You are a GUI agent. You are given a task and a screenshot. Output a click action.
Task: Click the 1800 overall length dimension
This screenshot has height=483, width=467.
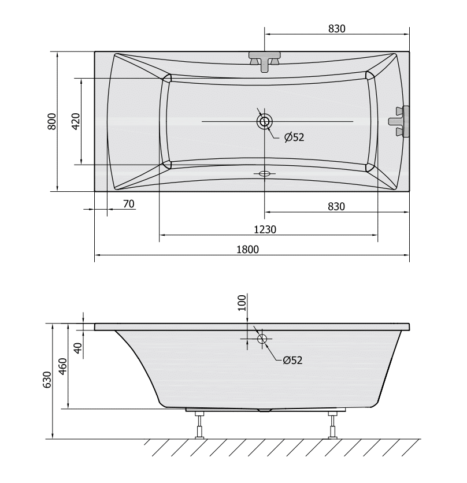pyautogui.click(x=247, y=249)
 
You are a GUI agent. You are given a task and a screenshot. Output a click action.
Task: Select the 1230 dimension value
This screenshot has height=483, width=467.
pyautogui.click(x=265, y=229)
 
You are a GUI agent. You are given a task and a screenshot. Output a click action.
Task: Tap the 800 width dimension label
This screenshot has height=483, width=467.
pyautogui.click(x=52, y=121)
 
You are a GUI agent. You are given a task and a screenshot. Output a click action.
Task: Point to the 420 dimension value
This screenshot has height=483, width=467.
pyautogui.click(x=76, y=121)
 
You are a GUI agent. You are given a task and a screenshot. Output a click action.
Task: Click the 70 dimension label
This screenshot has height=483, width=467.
pyautogui.click(x=129, y=204)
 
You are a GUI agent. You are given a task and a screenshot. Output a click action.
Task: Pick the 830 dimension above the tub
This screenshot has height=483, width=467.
pyautogui.click(x=336, y=29)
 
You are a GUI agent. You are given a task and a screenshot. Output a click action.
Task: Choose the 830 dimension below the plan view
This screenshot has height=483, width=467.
pyautogui.click(x=336, y=206)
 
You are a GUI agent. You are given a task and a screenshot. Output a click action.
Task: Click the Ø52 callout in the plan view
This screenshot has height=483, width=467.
pyautogui.click(x=294, y=138)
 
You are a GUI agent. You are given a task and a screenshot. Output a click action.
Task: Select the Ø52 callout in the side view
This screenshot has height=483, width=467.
pyautogui.click(x=292, y=360)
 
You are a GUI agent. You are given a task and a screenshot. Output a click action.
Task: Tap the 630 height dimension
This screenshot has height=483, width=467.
pyautogui.click(x=47, y=380)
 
